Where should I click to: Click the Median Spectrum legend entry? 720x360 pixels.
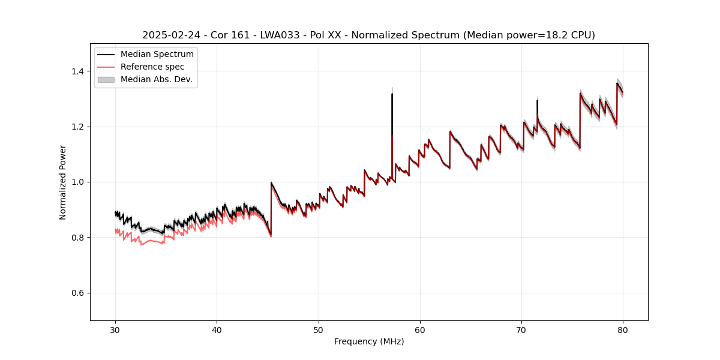click(157, 55)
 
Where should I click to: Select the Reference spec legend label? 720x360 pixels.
click(152, 67)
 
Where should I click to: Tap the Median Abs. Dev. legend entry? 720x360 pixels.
click(156, 79)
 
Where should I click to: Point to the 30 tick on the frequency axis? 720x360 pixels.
click(115, 329)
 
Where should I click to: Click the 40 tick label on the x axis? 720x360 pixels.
click(217, 329)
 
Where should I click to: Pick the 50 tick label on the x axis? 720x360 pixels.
click(319, 329)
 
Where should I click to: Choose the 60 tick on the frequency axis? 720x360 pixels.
click(420, 329)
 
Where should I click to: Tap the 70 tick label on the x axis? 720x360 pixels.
click(521, 329)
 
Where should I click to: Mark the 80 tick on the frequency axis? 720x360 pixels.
click(623, 329)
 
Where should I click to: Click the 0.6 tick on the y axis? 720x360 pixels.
click(79, 293)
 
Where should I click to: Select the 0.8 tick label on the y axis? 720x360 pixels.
click(79, 238)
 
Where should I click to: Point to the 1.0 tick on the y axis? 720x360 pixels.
click(79, 182)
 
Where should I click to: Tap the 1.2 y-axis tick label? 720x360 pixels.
click(79, 127)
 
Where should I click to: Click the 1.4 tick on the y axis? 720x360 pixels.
click(79, 71)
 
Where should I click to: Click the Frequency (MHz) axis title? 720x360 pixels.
click(369, 341)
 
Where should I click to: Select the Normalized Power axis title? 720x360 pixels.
click(63, 182)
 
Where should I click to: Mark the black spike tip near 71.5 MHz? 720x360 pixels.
click(537, 101)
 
